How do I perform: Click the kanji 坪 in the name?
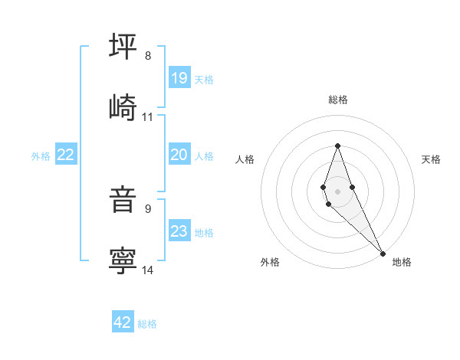coord(123,47)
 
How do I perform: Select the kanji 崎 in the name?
coord(123,107)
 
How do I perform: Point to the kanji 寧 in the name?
coord(123,260)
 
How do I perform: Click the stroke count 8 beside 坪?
coord(148,56)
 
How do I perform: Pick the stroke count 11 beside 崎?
coord(148,116)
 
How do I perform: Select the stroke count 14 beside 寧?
coord(148,270)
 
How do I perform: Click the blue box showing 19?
coord(179,77)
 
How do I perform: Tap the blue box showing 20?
coord(179,155)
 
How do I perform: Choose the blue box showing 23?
coord(179,231)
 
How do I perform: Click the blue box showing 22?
coord(66,155)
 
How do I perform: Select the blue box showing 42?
coord(123,322)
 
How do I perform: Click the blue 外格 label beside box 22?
coord(41,156)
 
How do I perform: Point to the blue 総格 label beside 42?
coord(147,324)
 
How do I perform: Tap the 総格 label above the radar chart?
coord(337,100)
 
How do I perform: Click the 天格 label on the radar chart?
coord(431,159)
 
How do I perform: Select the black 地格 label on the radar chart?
coord(402,262)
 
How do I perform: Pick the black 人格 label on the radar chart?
coord(245,159)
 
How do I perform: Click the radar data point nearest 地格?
coord(383,253)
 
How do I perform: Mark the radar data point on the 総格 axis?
coord(337,145)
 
